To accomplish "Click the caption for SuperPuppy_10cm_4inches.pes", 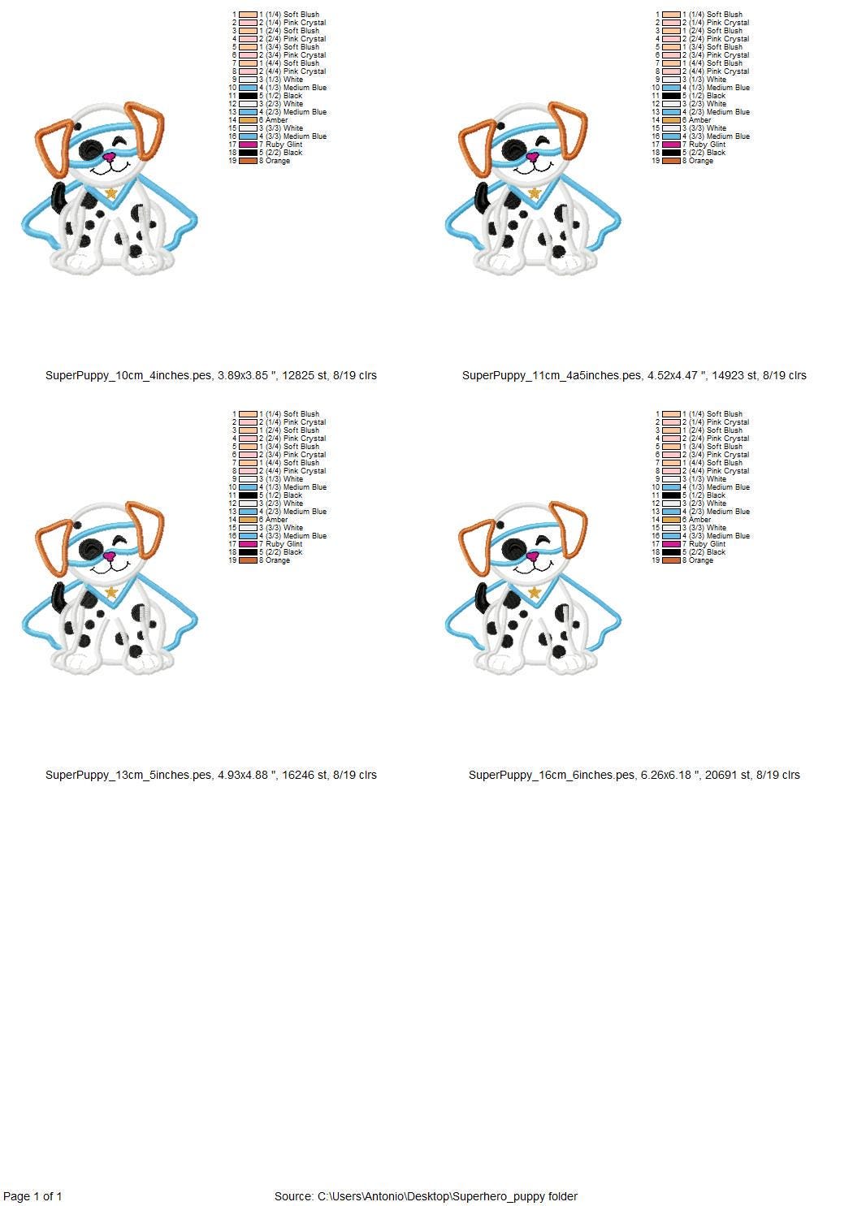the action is pyautogui.click(x=210, y=375).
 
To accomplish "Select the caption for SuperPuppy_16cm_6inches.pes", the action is pyautogui.click(x=634, y=775).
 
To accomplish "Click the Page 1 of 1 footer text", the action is pyautogui.click(x=32, y=1196).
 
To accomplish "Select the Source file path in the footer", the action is pyautogui.click(x=426, y=1196).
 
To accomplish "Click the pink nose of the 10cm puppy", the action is pyautogui.click(x=110, y=158).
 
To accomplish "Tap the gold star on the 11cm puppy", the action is pyautogui.click(x=535, y=192).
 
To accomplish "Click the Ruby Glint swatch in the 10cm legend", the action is pyautogui.click(x=249, y=145).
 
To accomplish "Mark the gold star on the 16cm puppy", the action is pyautogui.click(x=535, y=592).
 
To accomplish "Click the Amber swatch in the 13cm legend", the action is pyautogui.click(x=249, y=520).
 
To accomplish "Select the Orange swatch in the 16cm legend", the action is pyautogui.click(x=672, y=560).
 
